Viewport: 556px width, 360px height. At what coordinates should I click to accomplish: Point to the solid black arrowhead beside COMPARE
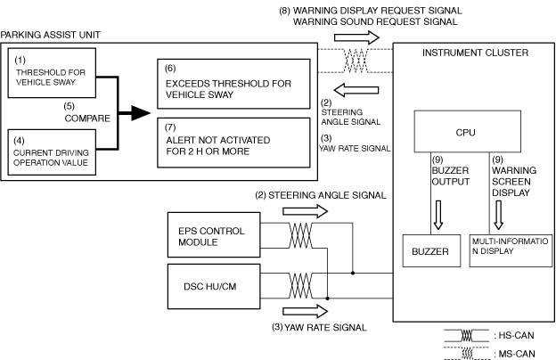coord(141,113)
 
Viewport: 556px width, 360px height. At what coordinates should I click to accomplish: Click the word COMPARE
coord(87,119)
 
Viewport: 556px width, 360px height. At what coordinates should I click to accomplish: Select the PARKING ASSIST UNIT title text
coord(51,35)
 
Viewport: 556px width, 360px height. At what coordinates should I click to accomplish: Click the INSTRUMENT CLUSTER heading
coord(475,53)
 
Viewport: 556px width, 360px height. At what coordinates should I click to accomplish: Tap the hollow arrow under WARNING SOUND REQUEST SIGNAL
coord(356,37)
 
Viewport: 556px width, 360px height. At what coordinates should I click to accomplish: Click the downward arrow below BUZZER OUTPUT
coord(438,215)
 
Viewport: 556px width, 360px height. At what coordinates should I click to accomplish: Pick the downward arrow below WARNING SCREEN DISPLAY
coord(499,215)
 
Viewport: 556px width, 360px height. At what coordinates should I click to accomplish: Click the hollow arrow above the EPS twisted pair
coord(306,211)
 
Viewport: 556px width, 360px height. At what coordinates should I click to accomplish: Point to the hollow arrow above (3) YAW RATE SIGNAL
coord(306,311)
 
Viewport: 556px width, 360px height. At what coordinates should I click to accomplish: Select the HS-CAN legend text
coord(514,335)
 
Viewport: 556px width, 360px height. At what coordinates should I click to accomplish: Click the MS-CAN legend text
coord(514,354)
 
